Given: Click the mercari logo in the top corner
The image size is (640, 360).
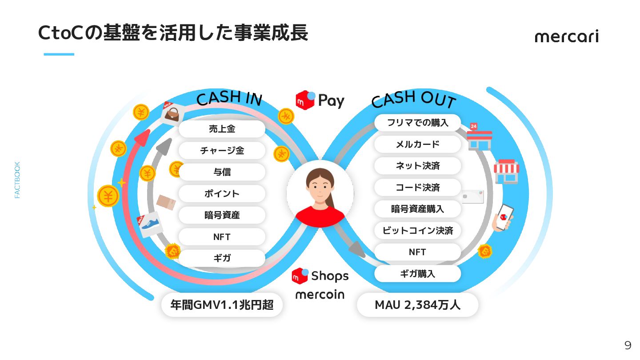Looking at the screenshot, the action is coord(567,36).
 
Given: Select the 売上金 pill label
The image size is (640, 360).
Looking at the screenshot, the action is coord(222,129).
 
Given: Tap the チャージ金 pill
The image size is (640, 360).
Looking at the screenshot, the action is coord(222,150).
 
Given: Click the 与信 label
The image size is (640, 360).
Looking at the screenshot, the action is coord(222,172).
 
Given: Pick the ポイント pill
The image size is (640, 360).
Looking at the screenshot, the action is coord(222,193).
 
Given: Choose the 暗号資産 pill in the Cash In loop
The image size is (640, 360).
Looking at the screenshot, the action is coord(222,215).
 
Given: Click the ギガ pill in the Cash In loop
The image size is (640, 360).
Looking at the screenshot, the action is coord(222,258).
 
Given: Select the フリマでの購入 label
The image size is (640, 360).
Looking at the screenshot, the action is coord(417,123).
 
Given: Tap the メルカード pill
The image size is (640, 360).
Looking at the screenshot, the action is coord(417,144).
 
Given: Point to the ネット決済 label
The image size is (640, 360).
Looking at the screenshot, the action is coord(417,166).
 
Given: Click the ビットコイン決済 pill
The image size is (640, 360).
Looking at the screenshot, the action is coord(417,231).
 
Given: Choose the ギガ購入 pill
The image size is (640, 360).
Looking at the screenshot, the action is coord(417,274).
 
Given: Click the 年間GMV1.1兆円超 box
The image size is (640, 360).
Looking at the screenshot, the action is coord(222,305).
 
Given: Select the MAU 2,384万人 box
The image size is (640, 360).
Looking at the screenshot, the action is coord(417,305).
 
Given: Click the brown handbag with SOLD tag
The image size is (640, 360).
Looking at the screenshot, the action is coord(172,114).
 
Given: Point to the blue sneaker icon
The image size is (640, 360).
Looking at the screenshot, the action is coord(150,224).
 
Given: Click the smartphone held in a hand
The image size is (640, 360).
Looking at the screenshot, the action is coord(504,218).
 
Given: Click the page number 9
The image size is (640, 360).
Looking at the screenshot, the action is coord(628,345).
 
